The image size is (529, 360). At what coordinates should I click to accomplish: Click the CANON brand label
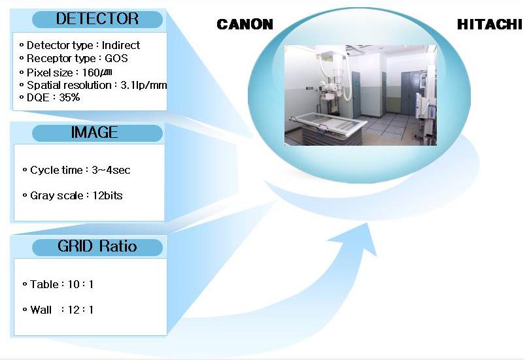[245, 24]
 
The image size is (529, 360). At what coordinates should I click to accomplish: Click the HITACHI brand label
[490, 24]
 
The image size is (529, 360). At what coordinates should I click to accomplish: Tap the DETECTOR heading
[97, 18]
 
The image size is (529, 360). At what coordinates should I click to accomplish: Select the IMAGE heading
[94, 132]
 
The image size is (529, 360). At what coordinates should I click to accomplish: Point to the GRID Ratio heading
[97, 246]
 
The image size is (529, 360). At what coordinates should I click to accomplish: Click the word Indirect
[121, 45]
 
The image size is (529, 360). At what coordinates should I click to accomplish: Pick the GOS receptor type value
[116, 58]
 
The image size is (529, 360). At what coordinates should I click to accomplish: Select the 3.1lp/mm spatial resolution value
[144, 85]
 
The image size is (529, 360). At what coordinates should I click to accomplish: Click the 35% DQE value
[69, 97]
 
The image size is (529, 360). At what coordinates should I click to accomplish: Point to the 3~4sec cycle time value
[111, 170]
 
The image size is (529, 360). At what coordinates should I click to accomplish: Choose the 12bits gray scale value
[107, 195]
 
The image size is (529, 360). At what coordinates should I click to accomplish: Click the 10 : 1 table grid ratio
[80, 284]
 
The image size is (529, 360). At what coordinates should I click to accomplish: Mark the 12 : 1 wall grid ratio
[80, 310]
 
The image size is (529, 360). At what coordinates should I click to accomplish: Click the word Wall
[41, 310]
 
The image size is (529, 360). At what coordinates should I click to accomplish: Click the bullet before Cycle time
[25, 170]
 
